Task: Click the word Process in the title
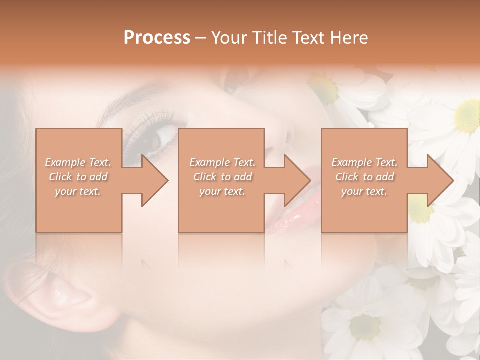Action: coord(157,38)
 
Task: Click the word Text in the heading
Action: coord(307,38)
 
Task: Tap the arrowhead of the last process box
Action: coord(439,180)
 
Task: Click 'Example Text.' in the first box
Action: coord(78,162)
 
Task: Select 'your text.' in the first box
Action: coord(78,191)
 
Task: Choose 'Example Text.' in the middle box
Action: coord(222,162)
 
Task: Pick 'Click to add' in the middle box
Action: coord(222,177)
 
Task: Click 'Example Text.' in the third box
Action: coord(364,162)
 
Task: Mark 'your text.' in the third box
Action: coord(364,191)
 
